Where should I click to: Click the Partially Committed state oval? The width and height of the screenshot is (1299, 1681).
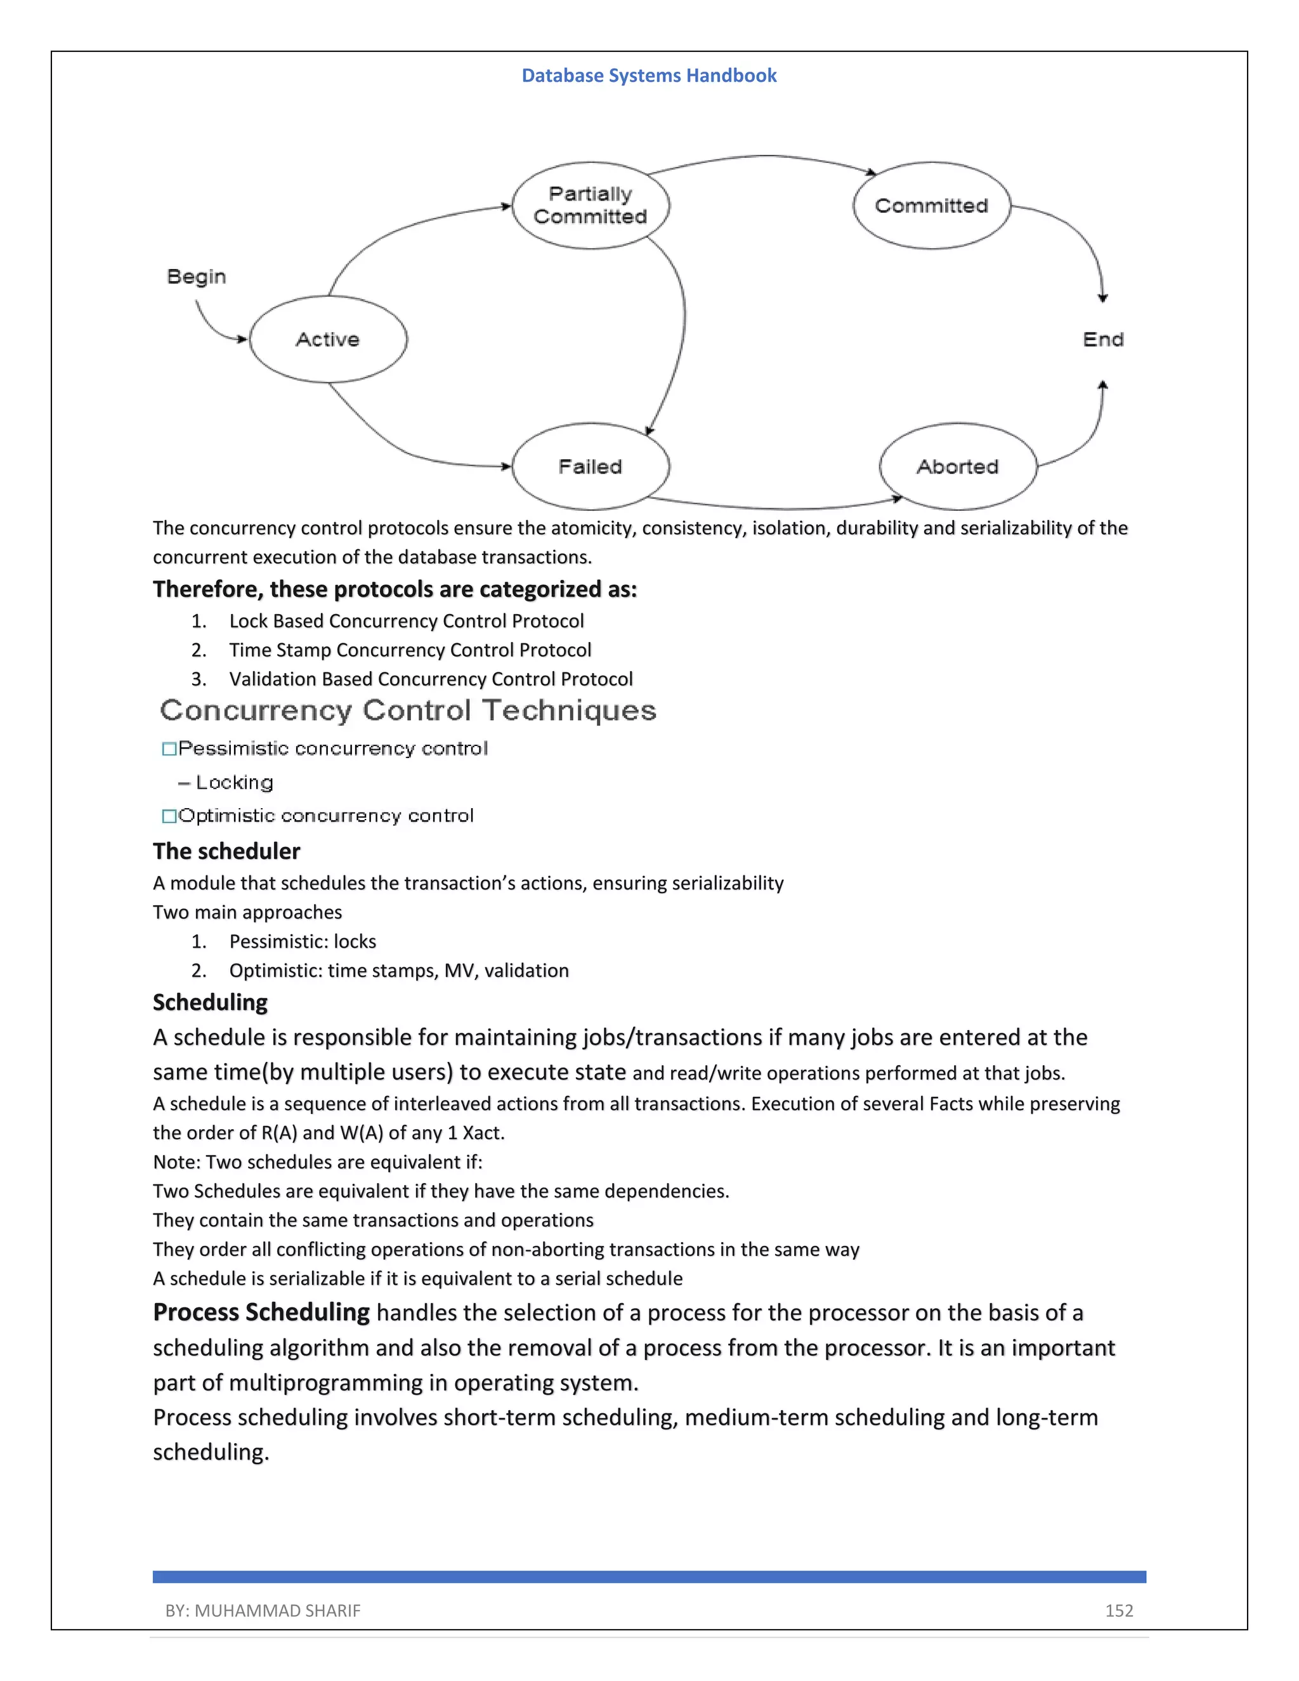[591, 206]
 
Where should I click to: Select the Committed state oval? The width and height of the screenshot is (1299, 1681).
[931, 206]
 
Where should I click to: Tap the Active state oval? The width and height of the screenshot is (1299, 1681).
[328, 339]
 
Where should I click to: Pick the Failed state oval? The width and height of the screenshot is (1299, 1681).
[591, 466]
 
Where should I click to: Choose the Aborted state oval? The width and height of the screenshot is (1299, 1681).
[957, 466]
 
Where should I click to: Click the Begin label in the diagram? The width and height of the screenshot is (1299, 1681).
[196, 277]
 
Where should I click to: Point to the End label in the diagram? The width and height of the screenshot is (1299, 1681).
[1103, 339]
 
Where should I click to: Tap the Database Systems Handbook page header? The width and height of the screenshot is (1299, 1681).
[649, 75]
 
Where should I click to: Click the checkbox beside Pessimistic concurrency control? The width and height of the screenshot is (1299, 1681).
[169, 749]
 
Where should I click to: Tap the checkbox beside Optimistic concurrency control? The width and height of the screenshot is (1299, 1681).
[169, 816]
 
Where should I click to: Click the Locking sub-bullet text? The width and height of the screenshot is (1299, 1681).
[234, 783]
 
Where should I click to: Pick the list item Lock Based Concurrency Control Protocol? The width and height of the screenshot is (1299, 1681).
[407, 621]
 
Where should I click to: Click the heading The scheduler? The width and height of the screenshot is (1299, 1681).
[226, 851]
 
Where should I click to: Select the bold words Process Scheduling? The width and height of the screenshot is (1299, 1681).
[261, 1312]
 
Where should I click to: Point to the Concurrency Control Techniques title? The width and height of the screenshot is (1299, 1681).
[408, 710]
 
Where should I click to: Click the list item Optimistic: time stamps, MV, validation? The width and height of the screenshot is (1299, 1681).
[398, 971]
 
